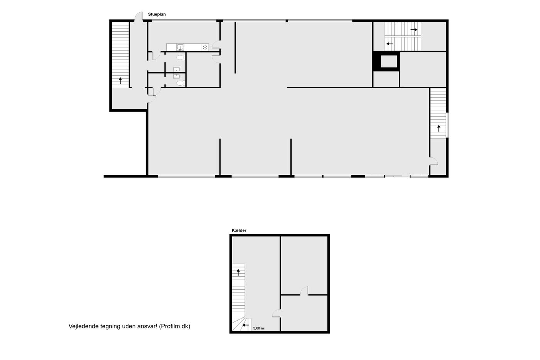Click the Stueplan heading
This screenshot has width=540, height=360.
(x=157, y=14)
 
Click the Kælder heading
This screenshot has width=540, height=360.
(x=239, y=230)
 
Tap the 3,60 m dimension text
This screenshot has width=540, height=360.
(x=258, y=328)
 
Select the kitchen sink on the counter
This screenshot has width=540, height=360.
(x=180, y=47)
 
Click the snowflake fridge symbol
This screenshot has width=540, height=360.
(x=205, y=47)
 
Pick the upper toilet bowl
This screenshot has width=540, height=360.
(x=181, y=57)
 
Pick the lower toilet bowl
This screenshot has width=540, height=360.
(x=181, y=83)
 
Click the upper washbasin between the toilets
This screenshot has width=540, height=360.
(x=177, y=69)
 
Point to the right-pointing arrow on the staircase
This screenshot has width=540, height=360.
(x=413, y=30)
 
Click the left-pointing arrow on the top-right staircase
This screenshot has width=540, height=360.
(x=390, y=44)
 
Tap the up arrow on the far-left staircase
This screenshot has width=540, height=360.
(x=120, y=81)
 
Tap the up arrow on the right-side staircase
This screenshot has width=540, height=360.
(x=439, y=128)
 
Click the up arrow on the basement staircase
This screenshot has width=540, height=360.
(x=238, y=272)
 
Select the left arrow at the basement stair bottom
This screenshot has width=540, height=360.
(x=246, y=325)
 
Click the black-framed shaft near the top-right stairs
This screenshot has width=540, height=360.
(x=386, y=61)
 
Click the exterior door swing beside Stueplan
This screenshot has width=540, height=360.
(x=138, y=17)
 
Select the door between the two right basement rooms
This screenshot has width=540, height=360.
(x=304, y=291)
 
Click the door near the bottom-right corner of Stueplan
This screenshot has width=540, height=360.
(x=434, y=161)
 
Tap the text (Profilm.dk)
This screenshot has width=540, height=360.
(x=174, y=326)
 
